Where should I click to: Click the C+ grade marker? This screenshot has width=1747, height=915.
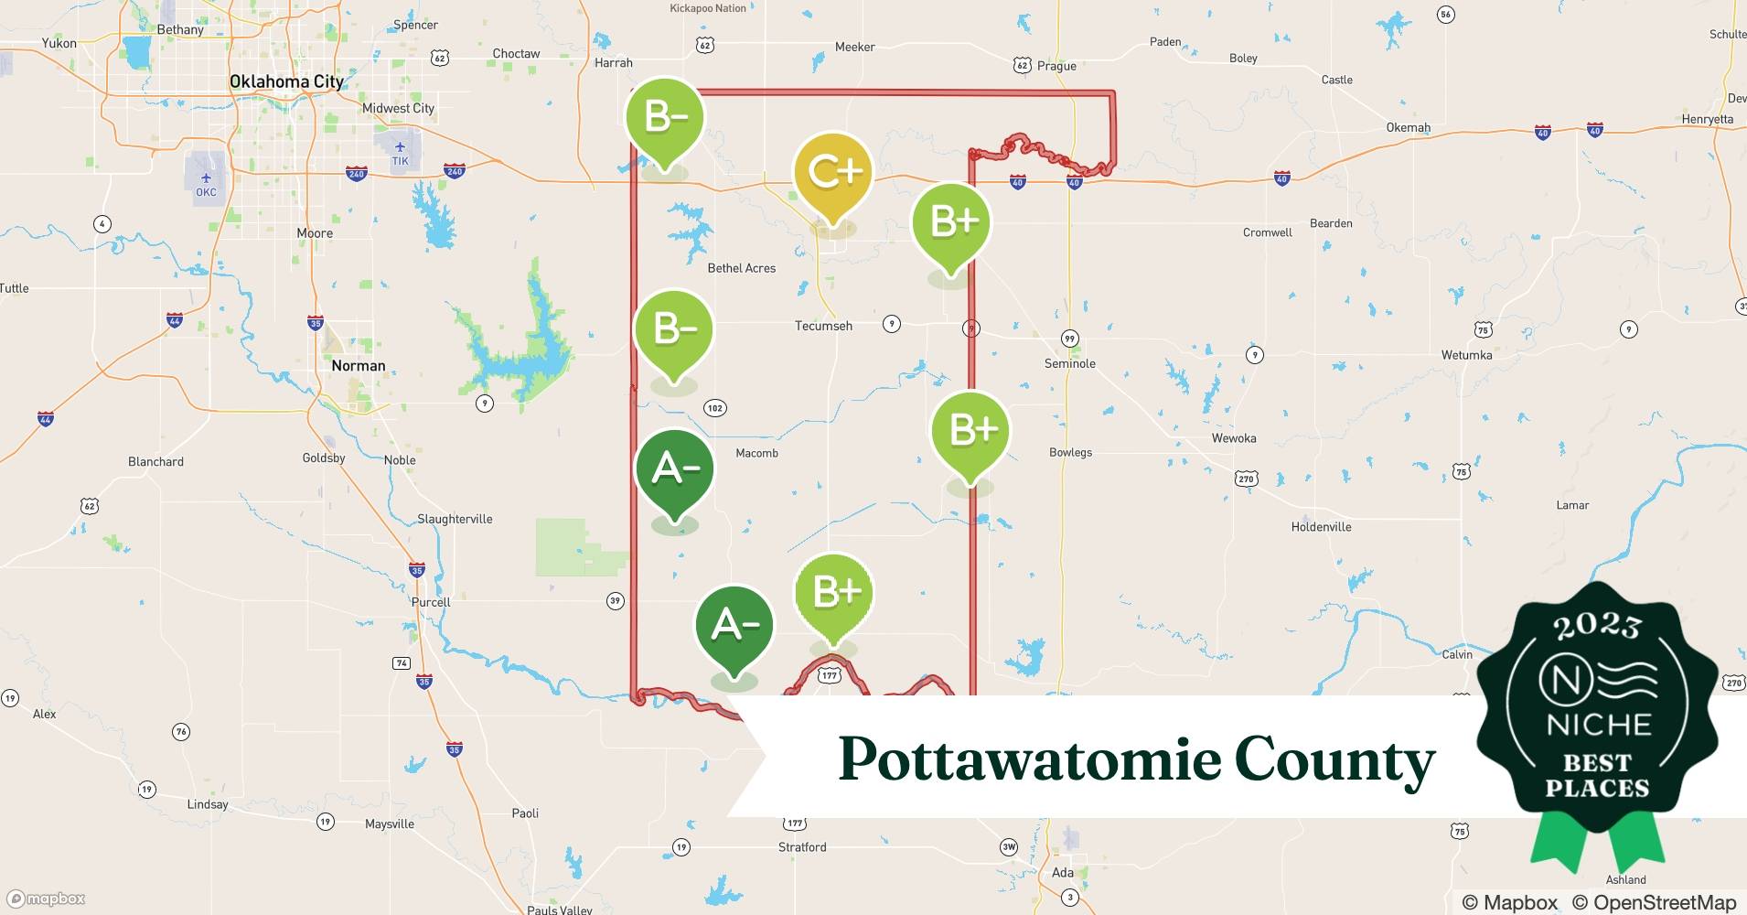pos(832,174)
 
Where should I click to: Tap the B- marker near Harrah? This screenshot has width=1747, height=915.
pos(665,119)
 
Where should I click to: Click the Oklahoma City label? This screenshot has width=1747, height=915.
pos(286,81)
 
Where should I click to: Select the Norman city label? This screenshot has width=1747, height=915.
pos(358,366)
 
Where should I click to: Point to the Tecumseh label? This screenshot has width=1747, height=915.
pos(823,326)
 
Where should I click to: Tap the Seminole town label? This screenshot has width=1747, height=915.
pos(1069,363)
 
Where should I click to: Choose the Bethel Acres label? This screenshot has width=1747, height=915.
pos(741,268)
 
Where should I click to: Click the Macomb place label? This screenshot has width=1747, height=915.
pos(756,453)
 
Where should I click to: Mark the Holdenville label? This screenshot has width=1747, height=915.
pos(1321,527)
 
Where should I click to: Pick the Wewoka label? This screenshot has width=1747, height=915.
pos(1234,438)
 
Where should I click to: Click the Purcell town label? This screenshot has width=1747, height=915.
pos(431,602)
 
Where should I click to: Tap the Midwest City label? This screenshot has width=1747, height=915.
pos(398,108)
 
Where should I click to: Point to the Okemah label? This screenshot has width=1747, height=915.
pos(1408,127)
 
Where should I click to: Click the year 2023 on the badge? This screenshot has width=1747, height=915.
pos(1596,626)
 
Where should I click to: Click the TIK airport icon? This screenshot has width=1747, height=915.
pos(400,148)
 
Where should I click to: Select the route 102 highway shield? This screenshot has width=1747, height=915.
pos(715,408)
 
